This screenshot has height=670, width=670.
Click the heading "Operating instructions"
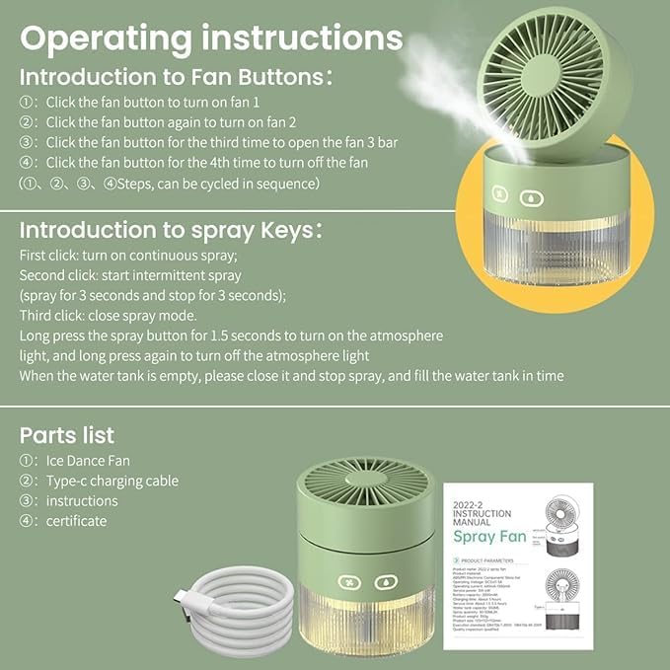(x=211, y=37)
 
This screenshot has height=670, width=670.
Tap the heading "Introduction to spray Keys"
(x=171, y=231)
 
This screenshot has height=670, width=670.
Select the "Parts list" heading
(x=67, y=434)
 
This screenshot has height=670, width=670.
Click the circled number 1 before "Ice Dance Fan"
(x=28, y=461)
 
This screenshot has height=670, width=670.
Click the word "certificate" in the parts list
(x=76, y=520)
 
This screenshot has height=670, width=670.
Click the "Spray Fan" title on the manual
(x=489, y=537)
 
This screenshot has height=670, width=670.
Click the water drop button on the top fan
(x=532, y=196)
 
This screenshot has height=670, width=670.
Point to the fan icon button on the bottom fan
(x=349, y=581)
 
